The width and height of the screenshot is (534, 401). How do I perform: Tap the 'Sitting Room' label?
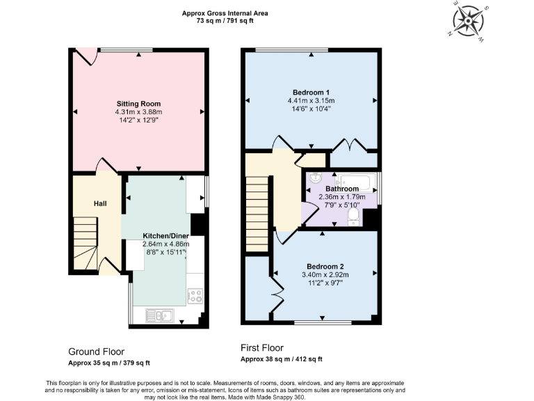tap(138, 104)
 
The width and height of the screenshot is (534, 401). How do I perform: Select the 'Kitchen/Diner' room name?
tap(165, 235)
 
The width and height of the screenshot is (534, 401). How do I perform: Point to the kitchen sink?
tap(159, 316)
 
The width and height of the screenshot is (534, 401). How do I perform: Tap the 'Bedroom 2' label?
tap(326, 266)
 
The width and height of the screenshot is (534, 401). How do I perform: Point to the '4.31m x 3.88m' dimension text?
tap(138, 112)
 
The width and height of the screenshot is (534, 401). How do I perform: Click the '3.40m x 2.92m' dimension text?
tap(326, 274)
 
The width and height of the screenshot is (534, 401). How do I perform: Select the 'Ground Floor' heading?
tap(96, 352)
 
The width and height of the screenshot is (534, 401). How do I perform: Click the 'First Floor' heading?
tap(262, 347)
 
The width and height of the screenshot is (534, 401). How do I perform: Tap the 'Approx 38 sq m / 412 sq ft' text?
tap(281, 359)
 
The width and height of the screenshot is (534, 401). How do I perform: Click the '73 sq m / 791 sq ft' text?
tap(225, 22)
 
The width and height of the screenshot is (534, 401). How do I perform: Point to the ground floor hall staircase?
tap(86, 244)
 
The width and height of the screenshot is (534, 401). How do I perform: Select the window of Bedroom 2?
tap(323, 322)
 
